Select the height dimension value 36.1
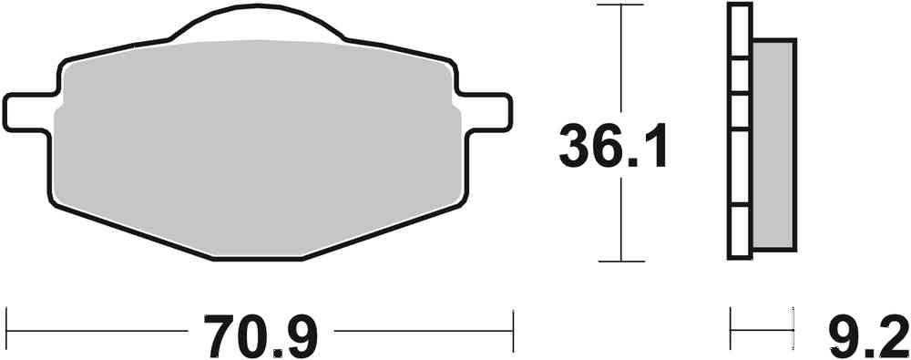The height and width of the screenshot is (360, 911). tap(613, 147)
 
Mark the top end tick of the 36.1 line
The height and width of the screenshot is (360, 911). tap(620, 5)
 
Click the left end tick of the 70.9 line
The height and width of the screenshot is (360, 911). tap(6, 324)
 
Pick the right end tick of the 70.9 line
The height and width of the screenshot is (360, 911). tap(514, 324)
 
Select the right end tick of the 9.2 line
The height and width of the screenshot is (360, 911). tap(791, 324)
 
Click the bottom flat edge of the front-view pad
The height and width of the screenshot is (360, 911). tap(257, 258)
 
